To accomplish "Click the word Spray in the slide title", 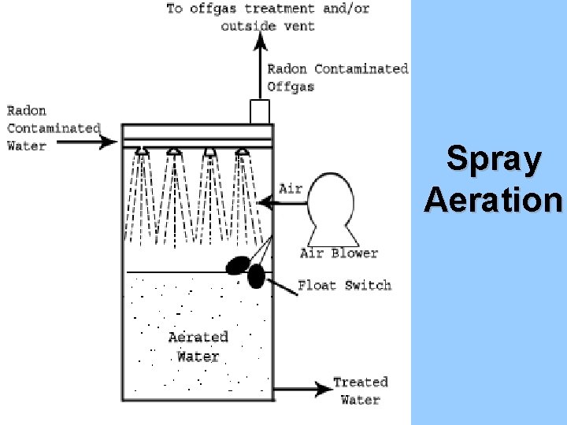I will pyautogui.click(x=494, y=160).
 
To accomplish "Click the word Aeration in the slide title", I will pyautogui.click(x=494, y=200).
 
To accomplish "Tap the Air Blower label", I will pyautogui.click(x=339, y=253).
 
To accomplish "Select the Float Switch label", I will pyautogui.click(x=344, y=285).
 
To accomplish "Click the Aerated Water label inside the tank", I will pyautogui.click(x=198, y=346).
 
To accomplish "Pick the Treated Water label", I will pyautogui.click(x=361, y=390).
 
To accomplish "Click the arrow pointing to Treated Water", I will pyautogui.click(x=303, y=388).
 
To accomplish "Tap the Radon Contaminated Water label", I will pyautogui.click(x=53, y=128).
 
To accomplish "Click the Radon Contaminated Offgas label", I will pyautogui.click(x=338, y=77).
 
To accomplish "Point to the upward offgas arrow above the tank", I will pyautogui.click(x=260, y=67).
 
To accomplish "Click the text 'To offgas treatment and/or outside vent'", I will pyautogui.click(x=268, y=17).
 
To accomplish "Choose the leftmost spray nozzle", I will pyautogui.click(x=141, y=150).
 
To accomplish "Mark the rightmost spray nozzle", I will pyautogui.click(x=243, y=150).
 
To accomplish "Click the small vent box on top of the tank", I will pyautogui.click(x=260, y=112).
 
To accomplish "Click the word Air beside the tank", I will pyautogui.click(x=291, y=189).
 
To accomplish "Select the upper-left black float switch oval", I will pyautogui.click(x=239, y=266).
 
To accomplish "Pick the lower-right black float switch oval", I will pyautogui.click(x=256, y=276).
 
